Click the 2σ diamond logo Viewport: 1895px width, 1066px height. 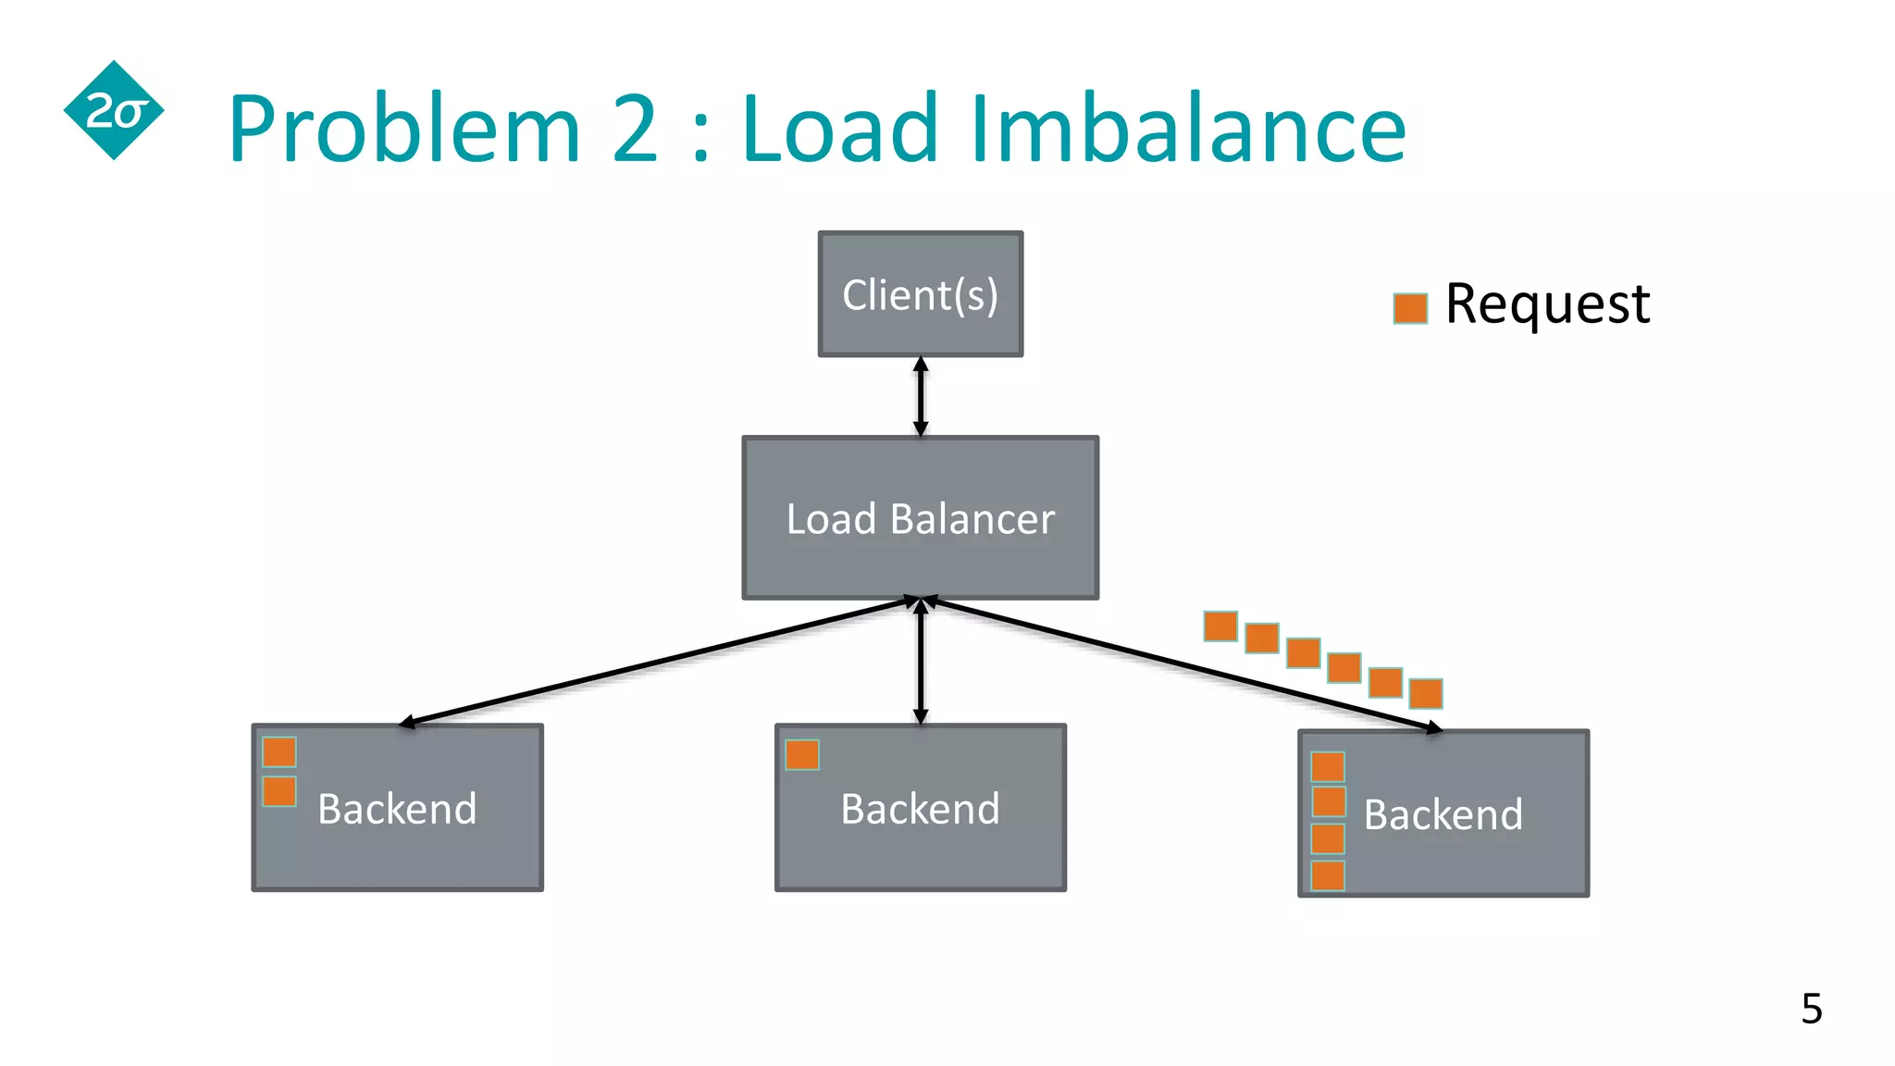(114, 111)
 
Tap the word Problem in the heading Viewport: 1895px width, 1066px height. (404, 129)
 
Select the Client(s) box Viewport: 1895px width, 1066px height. (920, 294)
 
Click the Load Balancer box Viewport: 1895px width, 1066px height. (920, 518)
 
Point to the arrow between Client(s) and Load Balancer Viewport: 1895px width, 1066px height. (920, 396)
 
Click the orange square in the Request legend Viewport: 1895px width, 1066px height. (1409, 308)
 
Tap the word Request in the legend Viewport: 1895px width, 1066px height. (1547, 304)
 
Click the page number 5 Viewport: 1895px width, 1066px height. (1811, 1009)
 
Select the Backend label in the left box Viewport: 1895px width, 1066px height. (397, 809)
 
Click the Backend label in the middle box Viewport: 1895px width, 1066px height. (920, 809)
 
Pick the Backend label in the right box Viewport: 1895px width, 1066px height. (1443, 814)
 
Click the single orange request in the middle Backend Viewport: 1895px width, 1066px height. (801, 755)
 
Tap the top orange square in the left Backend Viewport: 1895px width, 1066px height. (279, 751)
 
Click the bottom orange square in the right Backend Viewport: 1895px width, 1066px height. (1327, 875)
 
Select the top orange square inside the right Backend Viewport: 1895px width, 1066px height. (1327, 766)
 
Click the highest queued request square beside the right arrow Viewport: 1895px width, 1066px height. (1220, 626)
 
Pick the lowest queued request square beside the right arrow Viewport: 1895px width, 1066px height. (1425, 693)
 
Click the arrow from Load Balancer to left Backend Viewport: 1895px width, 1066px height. (657, 662)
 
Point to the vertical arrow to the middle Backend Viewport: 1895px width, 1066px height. (920, 662)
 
